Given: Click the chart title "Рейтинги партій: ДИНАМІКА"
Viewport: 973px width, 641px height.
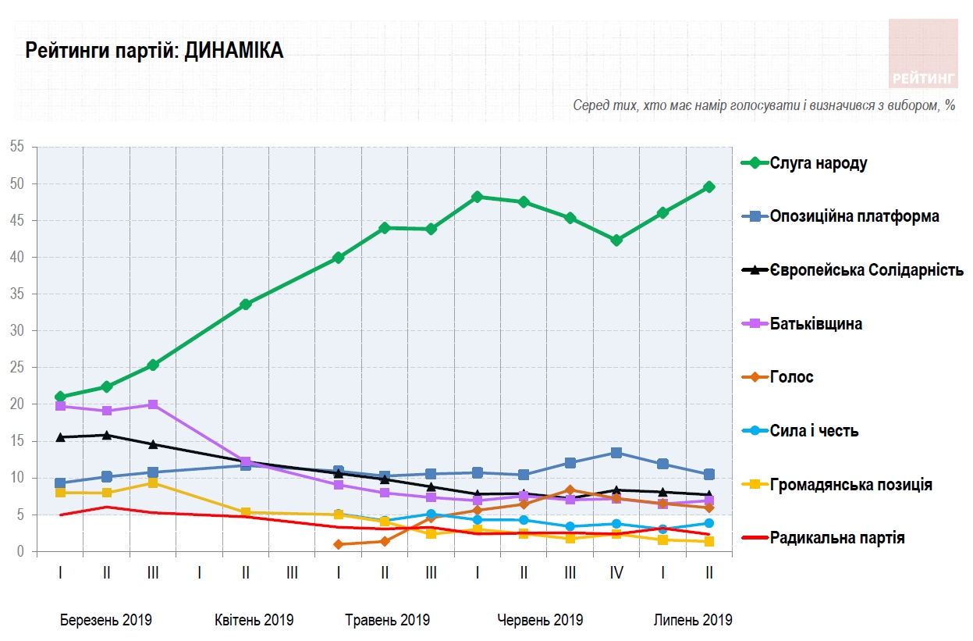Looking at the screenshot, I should point(154,52).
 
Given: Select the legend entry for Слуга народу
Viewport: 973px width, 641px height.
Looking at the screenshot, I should point(818,163).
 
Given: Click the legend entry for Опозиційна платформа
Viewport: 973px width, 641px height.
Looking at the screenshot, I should point(854,216).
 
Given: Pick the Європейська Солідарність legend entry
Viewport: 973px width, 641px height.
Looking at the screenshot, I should point(866,270).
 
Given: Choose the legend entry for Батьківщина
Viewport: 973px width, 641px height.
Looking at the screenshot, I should point(815,323).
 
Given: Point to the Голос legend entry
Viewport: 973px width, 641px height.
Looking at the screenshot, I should point(791,377).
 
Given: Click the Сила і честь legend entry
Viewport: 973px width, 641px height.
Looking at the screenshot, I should point(814,431).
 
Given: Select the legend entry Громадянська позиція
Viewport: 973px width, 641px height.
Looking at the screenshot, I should point(850,485).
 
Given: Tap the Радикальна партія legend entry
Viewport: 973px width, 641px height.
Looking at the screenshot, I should point(836,538).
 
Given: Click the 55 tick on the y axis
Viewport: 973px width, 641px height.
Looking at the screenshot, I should point(17,147).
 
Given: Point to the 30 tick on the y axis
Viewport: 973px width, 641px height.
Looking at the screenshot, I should point(17,331).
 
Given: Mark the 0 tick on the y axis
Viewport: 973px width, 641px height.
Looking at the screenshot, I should point(21,552).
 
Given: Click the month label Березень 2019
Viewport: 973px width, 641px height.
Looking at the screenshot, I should point(106,620).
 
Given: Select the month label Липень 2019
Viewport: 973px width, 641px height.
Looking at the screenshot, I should point(693,620).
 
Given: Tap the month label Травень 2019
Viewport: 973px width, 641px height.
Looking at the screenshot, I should point(387,620).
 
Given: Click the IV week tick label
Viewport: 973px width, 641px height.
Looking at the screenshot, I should point(616,573).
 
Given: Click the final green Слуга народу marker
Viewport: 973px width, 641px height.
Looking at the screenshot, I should point(709,187).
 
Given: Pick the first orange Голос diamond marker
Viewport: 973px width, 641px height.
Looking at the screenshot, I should point(339,544).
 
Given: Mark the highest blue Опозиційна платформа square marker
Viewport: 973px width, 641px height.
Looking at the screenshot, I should point(616,453).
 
